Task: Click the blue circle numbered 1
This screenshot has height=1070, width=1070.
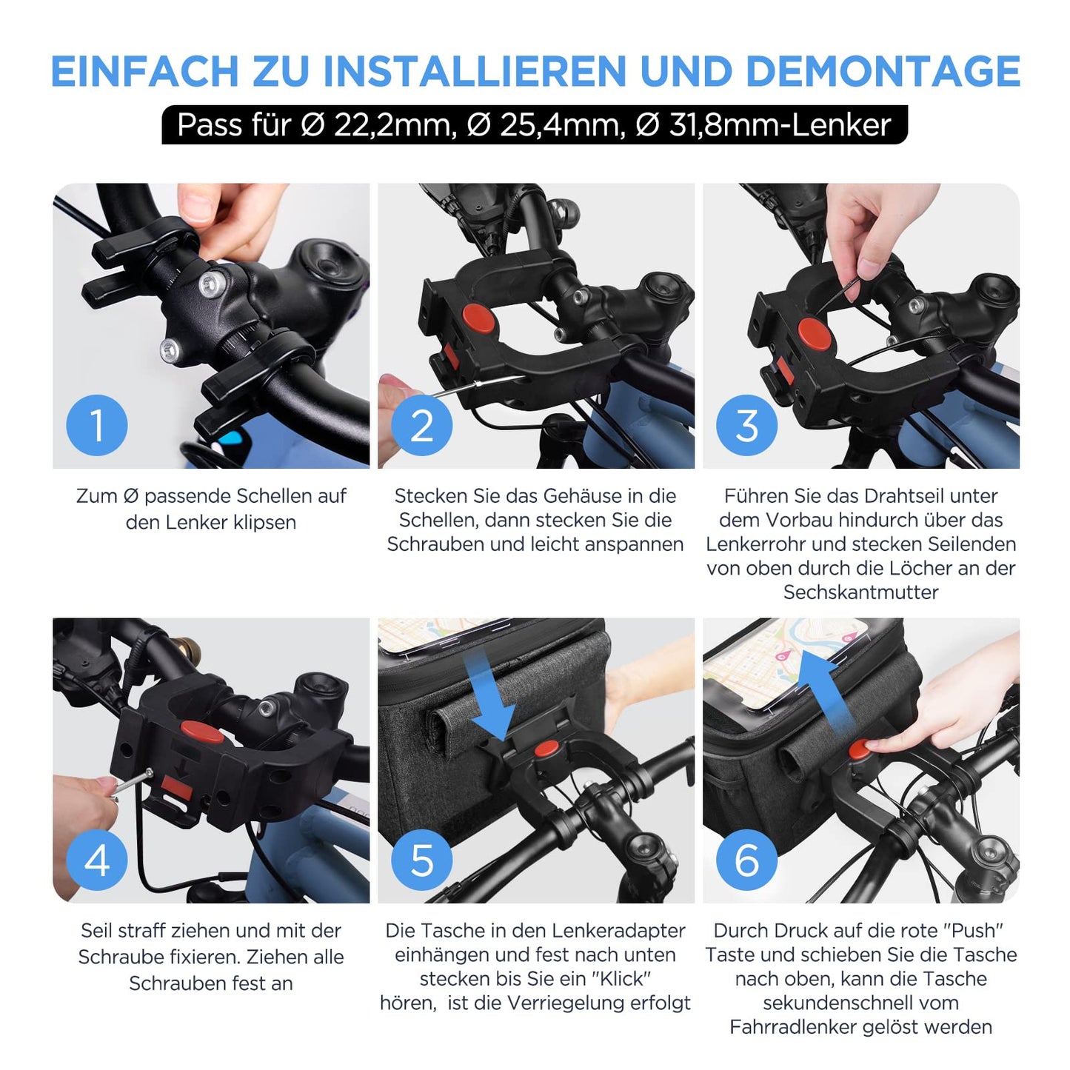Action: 96,425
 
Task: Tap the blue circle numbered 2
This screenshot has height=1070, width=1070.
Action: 421,425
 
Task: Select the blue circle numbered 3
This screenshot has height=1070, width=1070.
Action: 747,425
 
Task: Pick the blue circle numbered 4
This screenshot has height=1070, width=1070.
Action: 96,860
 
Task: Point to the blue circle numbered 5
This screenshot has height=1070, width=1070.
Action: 421,860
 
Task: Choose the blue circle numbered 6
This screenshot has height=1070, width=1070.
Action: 747,860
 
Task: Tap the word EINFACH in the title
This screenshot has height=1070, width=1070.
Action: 145,70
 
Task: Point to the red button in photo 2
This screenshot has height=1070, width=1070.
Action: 478,318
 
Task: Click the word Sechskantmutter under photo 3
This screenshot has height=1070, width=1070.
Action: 860,592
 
